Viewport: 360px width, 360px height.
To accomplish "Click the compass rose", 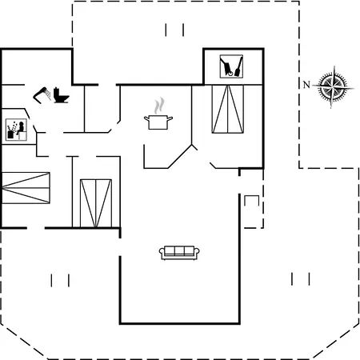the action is [334, 86].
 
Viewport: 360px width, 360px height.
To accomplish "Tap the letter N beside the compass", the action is [306, 85].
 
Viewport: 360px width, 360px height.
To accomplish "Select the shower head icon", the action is [42, 94].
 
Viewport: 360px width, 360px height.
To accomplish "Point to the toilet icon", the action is [61, 95].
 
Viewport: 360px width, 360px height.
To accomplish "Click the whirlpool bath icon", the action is [16, 130].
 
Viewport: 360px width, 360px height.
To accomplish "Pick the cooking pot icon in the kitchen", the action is [158, 122].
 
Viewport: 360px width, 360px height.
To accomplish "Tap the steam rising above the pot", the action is [159, 106].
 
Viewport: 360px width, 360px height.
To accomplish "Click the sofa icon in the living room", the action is [179, 253].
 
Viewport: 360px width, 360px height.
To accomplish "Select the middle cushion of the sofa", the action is [179, 251].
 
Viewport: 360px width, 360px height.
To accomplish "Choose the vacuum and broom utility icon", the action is [231, 66].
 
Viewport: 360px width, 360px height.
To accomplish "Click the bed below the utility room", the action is [228, 109].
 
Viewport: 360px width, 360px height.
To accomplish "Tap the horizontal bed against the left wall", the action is [26, 188].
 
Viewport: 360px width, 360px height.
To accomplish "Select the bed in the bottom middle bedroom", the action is [96, 203].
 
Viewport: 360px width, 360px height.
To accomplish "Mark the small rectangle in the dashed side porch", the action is [252, 201].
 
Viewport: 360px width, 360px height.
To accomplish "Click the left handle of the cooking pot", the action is [146, 118].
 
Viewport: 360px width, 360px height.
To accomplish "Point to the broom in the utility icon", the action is [238, 66].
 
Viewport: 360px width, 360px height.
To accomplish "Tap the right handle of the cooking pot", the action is [170, 118].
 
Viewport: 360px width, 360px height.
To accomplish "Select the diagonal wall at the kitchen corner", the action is [180, 157].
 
